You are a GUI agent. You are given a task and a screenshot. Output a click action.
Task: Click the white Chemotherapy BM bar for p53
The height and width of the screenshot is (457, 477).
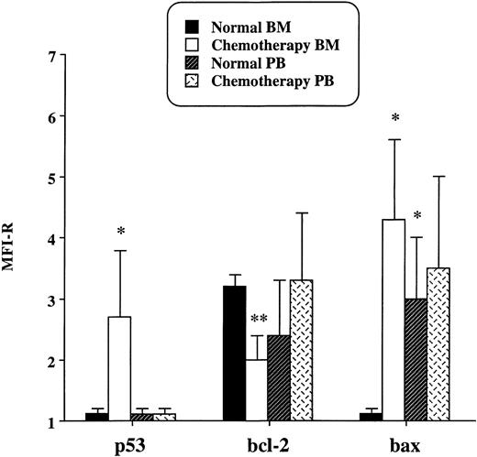tap(121, 369)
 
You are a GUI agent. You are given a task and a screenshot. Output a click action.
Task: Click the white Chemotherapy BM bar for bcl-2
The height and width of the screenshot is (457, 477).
tap(260, 390)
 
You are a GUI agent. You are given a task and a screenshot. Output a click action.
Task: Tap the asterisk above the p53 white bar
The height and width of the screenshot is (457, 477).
tap(121, 232)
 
